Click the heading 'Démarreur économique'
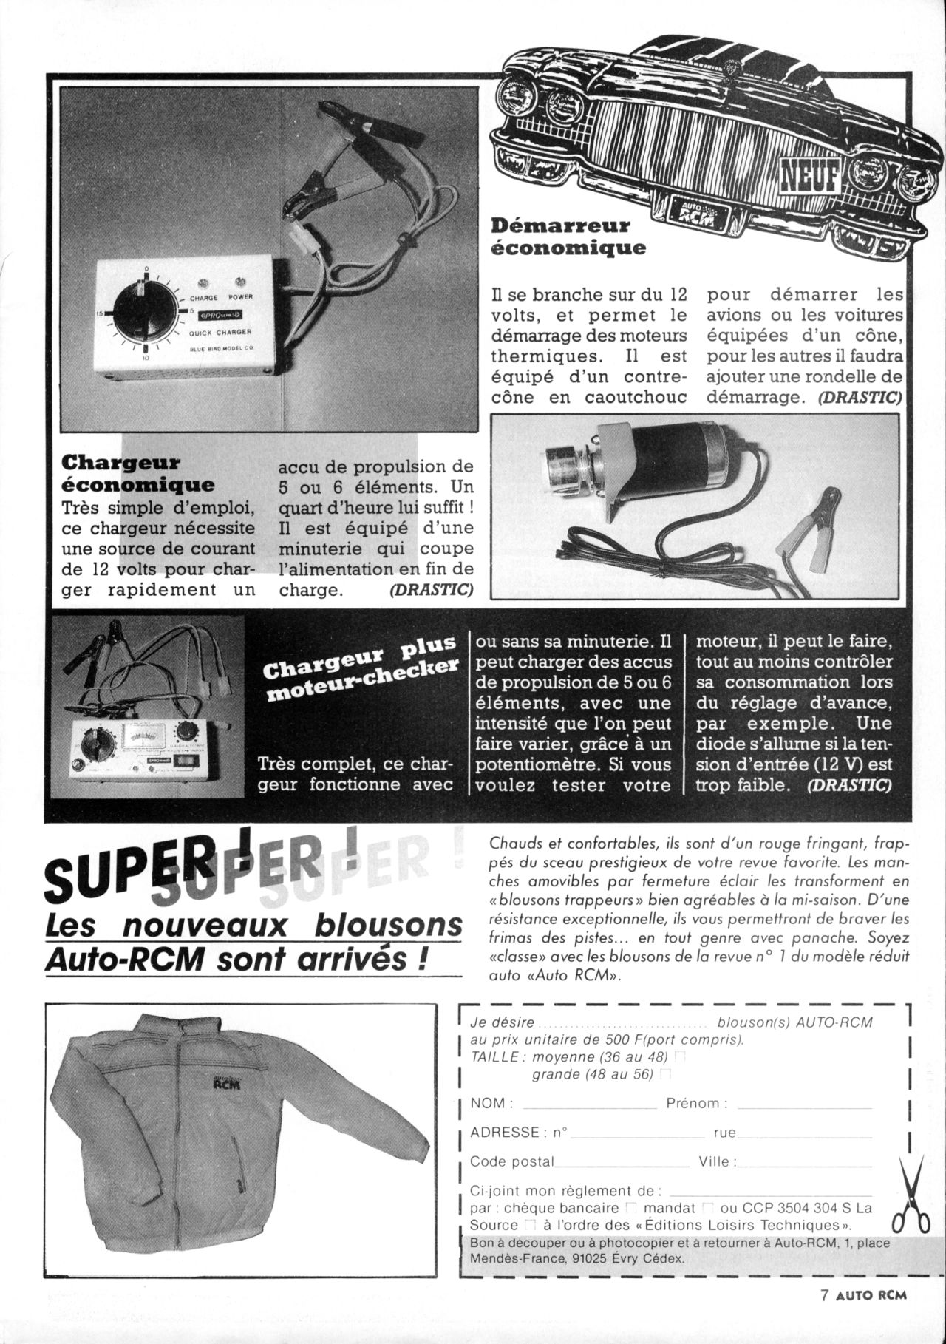point(568,236)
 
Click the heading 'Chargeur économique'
point(137,474)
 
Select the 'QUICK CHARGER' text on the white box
point(221,333)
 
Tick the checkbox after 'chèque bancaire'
point(630,1208)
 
